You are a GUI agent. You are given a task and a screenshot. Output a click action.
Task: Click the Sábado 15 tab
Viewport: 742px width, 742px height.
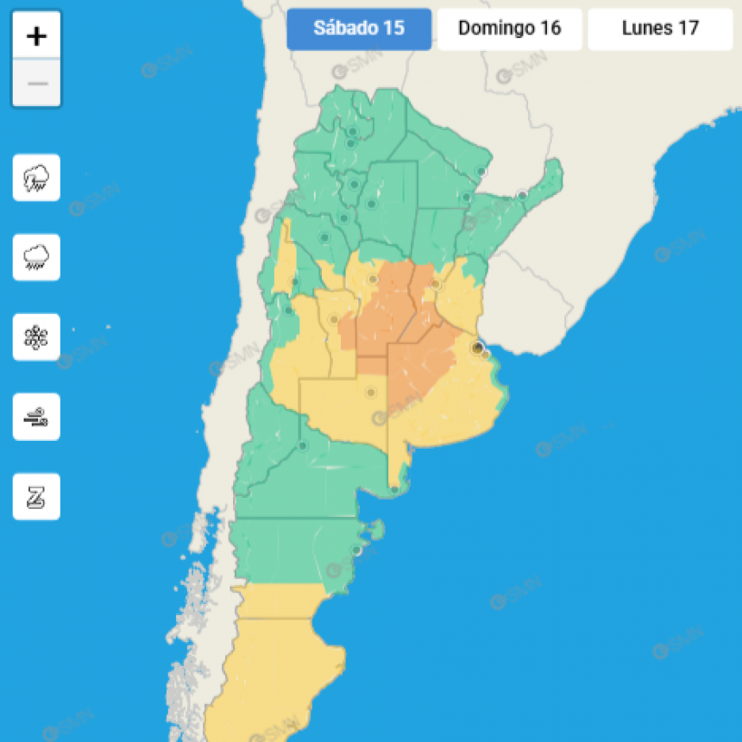pos(359,28)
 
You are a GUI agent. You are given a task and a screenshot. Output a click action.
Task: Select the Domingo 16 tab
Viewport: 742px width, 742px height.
pos(509,28)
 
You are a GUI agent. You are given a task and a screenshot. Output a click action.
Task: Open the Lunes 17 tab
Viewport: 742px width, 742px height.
pos(660,28)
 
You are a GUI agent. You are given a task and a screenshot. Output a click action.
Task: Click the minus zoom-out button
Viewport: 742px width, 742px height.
pos(36,84)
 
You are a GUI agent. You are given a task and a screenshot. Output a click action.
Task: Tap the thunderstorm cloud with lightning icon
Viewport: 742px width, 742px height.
pos(36,178)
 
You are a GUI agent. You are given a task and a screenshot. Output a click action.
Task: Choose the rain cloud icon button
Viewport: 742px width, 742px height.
pos(36,257)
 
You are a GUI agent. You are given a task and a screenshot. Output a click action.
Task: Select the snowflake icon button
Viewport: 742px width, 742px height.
pos(36,337)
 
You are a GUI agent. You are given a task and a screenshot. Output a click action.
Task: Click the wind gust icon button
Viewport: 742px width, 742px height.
pos(36,417)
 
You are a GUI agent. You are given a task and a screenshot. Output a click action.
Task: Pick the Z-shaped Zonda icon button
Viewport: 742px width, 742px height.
pos(36,497)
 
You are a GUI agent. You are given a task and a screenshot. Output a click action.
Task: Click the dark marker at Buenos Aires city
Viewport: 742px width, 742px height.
pos(476,347)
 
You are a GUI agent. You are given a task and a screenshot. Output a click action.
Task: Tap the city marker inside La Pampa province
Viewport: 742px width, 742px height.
pos(371,393)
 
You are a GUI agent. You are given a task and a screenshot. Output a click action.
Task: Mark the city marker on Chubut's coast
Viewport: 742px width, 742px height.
pos(355,550)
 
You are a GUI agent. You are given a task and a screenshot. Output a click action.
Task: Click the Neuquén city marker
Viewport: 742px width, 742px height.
pos(302,446)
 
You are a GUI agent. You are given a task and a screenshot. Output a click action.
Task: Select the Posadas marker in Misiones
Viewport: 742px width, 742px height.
pos(522,195)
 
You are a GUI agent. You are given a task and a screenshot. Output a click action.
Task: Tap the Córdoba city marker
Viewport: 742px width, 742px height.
pos(373,280)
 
